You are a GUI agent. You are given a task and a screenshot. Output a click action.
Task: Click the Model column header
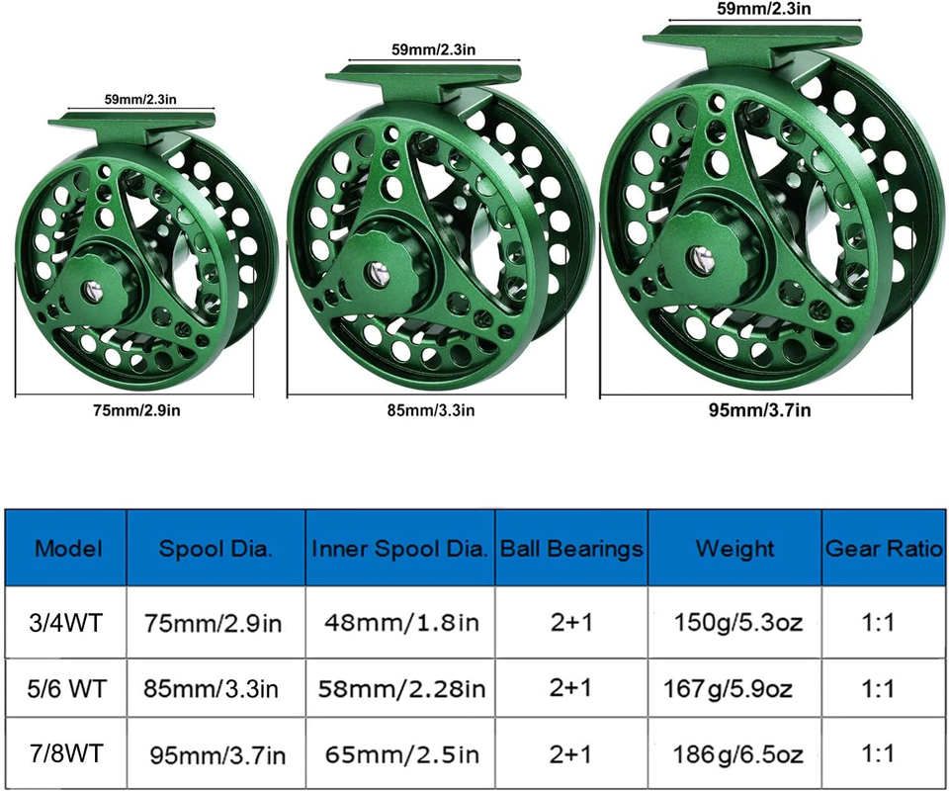point(68,549)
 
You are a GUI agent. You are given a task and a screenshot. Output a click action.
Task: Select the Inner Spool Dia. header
point(399,549)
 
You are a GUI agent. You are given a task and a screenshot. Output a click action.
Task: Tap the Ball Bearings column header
point(571,549)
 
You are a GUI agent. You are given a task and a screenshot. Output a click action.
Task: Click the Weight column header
point(734,549)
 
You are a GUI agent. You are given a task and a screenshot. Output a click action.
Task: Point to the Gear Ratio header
point(884,549)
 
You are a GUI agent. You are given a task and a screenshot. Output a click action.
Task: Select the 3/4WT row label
point(66,623)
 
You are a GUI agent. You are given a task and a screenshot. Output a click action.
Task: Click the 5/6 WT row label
point(66,688)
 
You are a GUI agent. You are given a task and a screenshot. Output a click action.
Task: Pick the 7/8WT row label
point(66,753)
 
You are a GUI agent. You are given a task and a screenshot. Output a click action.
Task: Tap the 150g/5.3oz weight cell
point(738,623)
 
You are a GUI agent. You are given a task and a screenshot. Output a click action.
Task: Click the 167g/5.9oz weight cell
point(729,688)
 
